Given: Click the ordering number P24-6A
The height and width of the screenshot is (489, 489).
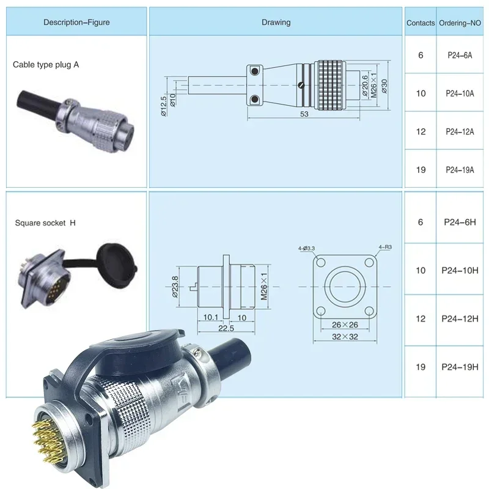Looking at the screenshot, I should (459, 55).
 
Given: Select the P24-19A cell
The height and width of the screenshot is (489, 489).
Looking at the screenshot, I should (459, 170).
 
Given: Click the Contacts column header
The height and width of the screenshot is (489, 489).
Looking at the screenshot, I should (421, 23).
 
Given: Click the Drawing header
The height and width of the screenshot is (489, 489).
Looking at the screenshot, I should (276, 23).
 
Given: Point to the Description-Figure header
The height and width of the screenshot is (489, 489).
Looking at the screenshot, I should (76, 23).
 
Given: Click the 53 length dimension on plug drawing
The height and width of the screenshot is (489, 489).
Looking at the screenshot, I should (304, 114).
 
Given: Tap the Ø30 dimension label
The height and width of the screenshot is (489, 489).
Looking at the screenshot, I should (384, 85).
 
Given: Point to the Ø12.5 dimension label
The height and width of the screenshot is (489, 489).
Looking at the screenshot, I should (164, 105).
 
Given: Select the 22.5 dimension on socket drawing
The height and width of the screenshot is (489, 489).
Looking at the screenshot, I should (226, 328).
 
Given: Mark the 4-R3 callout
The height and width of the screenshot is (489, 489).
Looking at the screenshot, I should (385, 247).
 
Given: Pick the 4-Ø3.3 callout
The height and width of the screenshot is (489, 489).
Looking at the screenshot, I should (306, 248).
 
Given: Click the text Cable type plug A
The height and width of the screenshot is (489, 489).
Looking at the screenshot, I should (46, 64).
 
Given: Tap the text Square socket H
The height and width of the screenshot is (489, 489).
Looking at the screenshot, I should (45, 223).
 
